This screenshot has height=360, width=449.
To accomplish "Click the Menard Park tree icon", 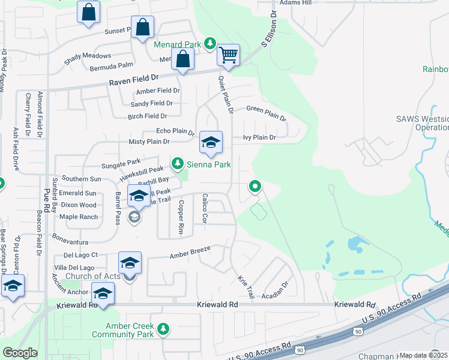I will pyautogui.click(x=209, y=43).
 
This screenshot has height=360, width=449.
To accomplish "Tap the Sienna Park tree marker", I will pyautogui.click(x=177, y=163).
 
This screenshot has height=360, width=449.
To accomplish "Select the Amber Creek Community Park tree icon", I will pyautogui.click(x=163, y=328).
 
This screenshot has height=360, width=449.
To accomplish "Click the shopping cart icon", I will pyautogui.click(x=229, y=55).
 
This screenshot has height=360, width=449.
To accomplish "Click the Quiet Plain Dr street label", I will pyautogui.click(x=225, y=95).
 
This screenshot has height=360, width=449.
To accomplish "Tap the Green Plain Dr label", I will pyautogui.click(x=267, y=109).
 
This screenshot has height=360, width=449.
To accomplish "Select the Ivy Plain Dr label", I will pyautogui.click(x=259, y=137).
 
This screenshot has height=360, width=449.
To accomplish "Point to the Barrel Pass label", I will pyautogui.click(x=118, y=208).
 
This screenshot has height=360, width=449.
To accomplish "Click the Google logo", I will pyautogui.click(x=20, y=353).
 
